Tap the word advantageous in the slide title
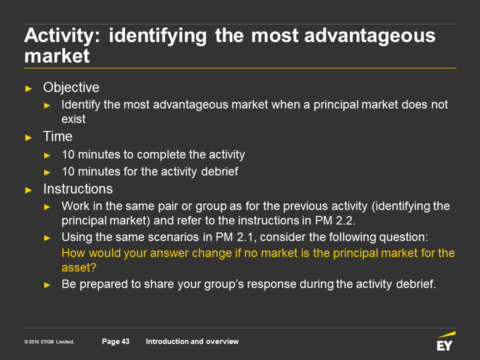370,36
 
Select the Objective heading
71,87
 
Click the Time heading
58,136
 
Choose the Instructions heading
78,189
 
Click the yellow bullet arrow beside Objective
29,89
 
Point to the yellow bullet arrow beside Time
29,138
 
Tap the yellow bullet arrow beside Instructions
29,190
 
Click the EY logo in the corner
445,341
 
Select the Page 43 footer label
115,341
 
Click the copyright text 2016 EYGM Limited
49,341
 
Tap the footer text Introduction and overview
192,341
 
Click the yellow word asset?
79,267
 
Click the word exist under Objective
73,119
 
